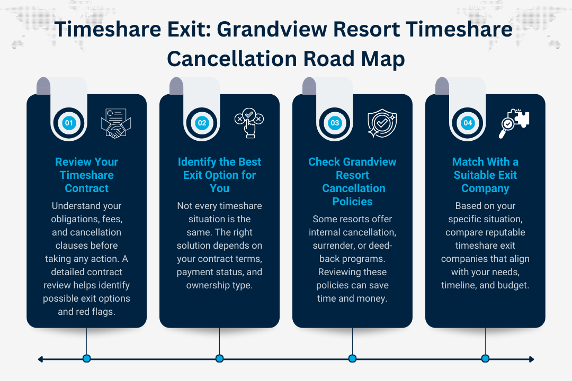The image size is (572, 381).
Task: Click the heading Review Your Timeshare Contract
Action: click(x=86, y=175)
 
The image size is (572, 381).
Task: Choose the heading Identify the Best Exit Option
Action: click(x=219, y=175)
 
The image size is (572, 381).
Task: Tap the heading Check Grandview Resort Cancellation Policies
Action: click(x=352, y=182)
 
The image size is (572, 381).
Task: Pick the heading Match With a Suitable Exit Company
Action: click(x=485, y=175)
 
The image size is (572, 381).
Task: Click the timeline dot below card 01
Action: click(x=87, y=359)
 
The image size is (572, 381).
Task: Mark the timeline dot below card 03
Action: click(x=352, y=359)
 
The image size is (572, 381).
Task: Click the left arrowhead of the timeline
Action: click(x=41, y=359)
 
